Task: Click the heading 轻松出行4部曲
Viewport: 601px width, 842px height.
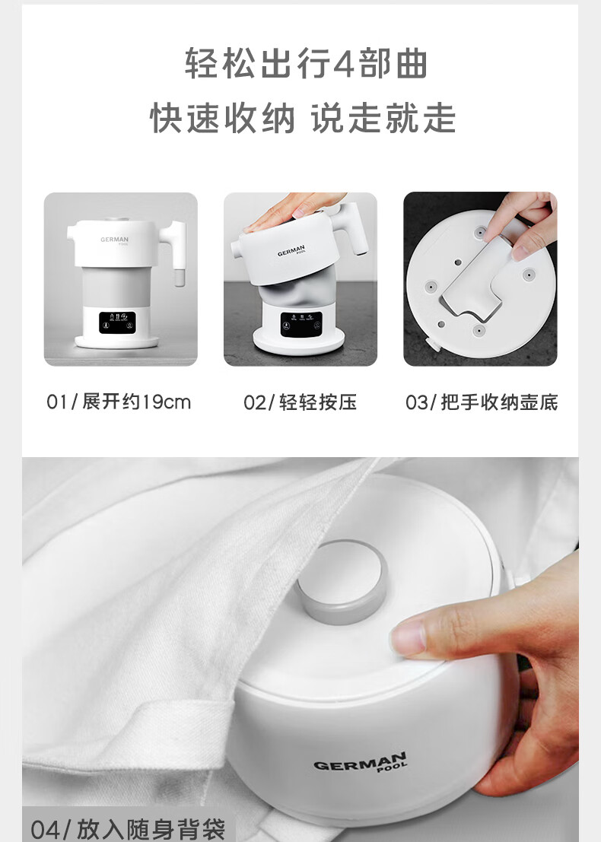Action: click(306, 63)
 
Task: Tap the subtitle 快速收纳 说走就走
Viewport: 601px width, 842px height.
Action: click(303, 118)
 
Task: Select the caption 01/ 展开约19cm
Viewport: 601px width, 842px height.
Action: click(119, 402)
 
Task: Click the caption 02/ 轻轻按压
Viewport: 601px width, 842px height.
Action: click(300, 402)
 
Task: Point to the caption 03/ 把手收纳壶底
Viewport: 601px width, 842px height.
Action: click(482, 402)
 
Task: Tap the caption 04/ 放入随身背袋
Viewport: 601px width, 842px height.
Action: click(128, 829)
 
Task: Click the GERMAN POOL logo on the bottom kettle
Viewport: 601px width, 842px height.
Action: click(360, 762)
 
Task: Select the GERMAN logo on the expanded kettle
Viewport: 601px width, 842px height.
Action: click(114, 240)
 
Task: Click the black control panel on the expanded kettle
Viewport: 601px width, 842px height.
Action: click(117, 323)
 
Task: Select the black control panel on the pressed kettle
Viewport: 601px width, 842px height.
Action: click(301, 324)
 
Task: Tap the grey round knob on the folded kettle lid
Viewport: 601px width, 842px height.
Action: click(342, 582)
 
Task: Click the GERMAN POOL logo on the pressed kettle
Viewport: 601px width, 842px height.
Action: click(291, 251)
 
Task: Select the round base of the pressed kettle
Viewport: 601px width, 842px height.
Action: click(300, 341)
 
